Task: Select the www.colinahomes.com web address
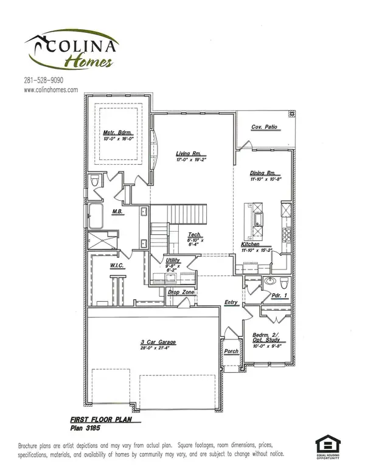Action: pyautogui.click(x=51, y=89)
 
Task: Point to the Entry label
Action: pyautogui.click(x=231, y=302)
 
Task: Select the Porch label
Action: pyautogui.click(x=231, y=351)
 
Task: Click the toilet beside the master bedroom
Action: pyautogui.click(x=95, y=182)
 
